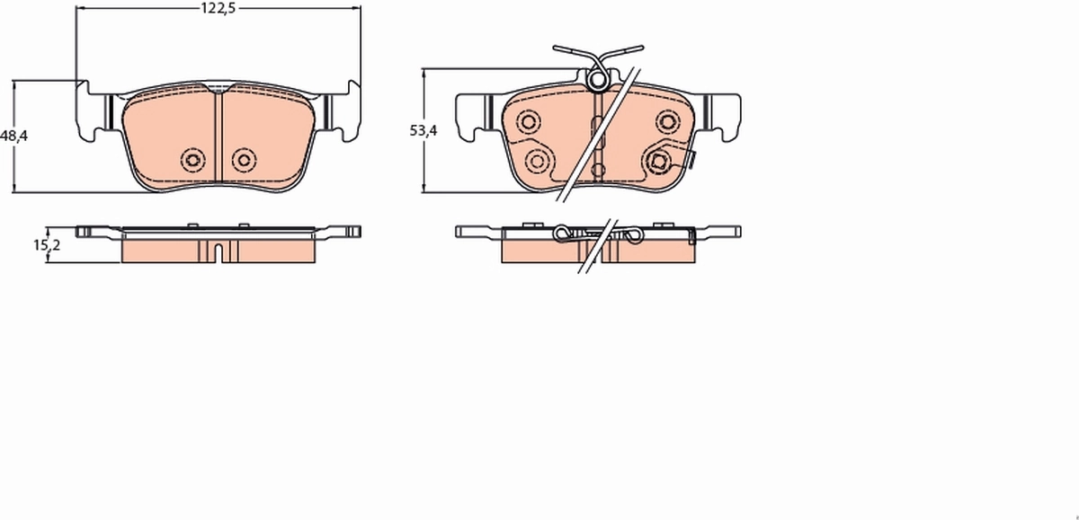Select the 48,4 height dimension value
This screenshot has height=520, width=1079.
[14, 136]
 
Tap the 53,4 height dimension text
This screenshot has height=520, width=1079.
[423, 130]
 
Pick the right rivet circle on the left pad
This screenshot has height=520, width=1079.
[243, 160]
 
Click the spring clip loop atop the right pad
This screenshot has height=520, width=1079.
[596, 82]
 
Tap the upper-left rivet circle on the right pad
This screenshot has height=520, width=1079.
[528, 121]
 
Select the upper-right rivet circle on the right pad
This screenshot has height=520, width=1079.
[667, 121]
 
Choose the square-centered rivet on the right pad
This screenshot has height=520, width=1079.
[659, 161]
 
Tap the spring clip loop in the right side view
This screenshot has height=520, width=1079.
[564, 235]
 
